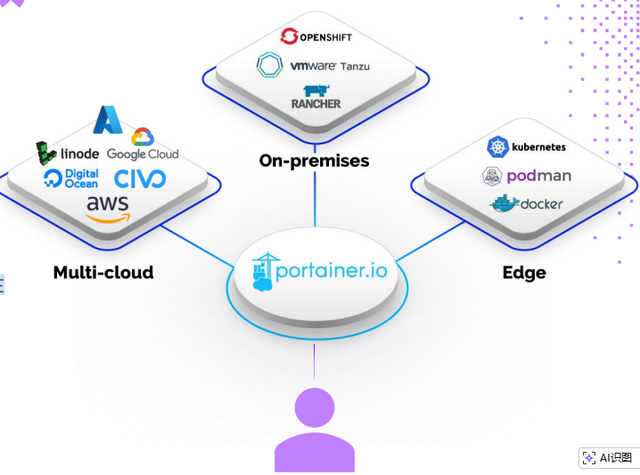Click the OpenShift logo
[x=316, y=37]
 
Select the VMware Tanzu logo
[x=313, y=65]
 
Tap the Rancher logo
[x=316, y=97]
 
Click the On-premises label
[x=314, y=160]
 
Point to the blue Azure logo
[x=107, y=119]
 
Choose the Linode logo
[x=67, y=153]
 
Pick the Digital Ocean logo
[x=70, y=178]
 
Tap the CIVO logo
[x=140, y=178]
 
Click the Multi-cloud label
[x=103, y=272]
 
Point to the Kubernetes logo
[x=526, y=146]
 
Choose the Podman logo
[x=526, y=176]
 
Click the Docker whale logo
[x=505, y=204]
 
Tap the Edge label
[x=524, y=272]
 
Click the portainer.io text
[x=332, y=270]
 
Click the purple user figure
[x=314, y=433]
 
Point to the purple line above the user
[x=314, y=361]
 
